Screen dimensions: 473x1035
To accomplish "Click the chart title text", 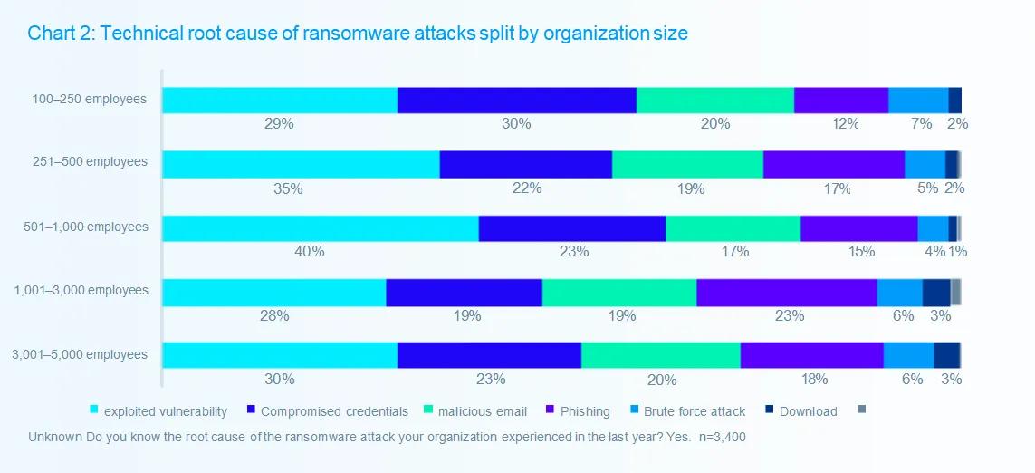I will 358,34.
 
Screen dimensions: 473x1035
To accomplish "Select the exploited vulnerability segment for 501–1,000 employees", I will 320,228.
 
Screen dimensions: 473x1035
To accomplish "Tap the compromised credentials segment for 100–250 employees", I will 516,101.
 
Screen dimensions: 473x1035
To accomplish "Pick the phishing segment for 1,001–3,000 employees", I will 786,293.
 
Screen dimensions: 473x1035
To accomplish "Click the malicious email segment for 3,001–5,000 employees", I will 660,356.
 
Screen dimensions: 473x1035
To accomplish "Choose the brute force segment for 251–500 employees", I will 925,164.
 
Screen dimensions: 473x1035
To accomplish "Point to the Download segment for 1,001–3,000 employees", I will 936,293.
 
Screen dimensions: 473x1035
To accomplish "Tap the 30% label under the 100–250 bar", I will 516,124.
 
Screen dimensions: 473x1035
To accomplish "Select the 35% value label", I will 288,188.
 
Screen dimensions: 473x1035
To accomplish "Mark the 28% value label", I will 274,316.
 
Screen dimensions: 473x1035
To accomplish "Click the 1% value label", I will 958,252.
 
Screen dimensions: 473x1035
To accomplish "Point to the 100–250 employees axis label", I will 88,99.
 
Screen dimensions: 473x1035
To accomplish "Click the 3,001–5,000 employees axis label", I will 80,354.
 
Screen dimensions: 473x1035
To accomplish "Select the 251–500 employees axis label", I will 89,162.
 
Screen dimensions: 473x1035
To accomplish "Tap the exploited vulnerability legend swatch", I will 93,410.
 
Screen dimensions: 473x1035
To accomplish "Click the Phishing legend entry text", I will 585,411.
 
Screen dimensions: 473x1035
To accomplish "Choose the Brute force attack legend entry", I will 695,411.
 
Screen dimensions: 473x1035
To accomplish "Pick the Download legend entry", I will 808,411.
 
